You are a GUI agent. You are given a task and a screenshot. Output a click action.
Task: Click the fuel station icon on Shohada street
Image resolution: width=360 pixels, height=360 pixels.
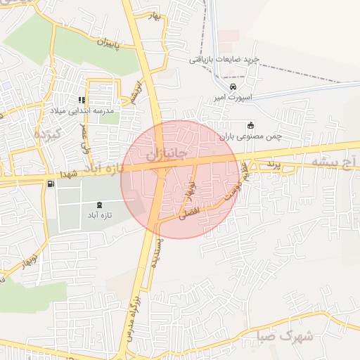tap(51, 184)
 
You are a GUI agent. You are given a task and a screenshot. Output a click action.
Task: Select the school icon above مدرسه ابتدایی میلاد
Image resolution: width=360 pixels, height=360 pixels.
tap(82, 100)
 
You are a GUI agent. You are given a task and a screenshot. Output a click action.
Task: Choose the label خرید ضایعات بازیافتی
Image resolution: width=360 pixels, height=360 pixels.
tap(224, 60)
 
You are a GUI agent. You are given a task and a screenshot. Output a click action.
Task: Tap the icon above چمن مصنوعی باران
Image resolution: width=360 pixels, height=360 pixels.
tap(249, 126)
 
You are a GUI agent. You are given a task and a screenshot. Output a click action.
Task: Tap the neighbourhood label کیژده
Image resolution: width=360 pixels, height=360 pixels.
tap(50, 134)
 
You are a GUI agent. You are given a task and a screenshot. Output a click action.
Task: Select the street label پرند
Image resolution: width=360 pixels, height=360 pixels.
tap(273, 164)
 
